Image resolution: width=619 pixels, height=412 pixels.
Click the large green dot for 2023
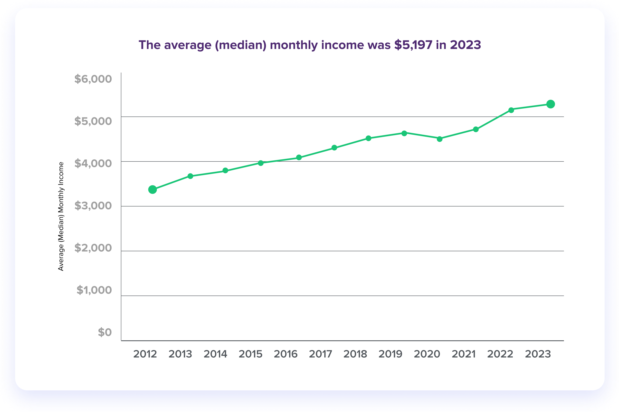click(551, 104)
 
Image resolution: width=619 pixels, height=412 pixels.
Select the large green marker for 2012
click(152, 189)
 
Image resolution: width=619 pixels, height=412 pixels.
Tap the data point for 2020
click(440, 139)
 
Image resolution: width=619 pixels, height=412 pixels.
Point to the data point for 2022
click(511, 110)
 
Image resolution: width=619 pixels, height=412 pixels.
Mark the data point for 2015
click(261, 163)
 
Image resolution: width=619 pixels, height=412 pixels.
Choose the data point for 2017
click(334, 148)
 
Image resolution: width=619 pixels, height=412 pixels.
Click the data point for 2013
click(190, 176)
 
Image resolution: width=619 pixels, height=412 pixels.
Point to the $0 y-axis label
click(105, 332)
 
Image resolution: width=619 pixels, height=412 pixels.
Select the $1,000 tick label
click(94, 290)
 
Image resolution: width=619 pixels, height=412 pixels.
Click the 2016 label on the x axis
click(286, 354)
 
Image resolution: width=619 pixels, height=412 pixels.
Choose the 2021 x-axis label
click(464, 354)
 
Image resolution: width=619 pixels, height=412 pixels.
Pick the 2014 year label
click(215, 354)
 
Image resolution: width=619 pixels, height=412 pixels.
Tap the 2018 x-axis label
click(355, 354)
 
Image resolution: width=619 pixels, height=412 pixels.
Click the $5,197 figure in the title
click(413, 45)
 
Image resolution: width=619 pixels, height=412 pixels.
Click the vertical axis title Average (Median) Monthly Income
click(61, 216)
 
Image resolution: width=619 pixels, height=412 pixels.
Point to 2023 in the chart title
click(466, 45)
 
